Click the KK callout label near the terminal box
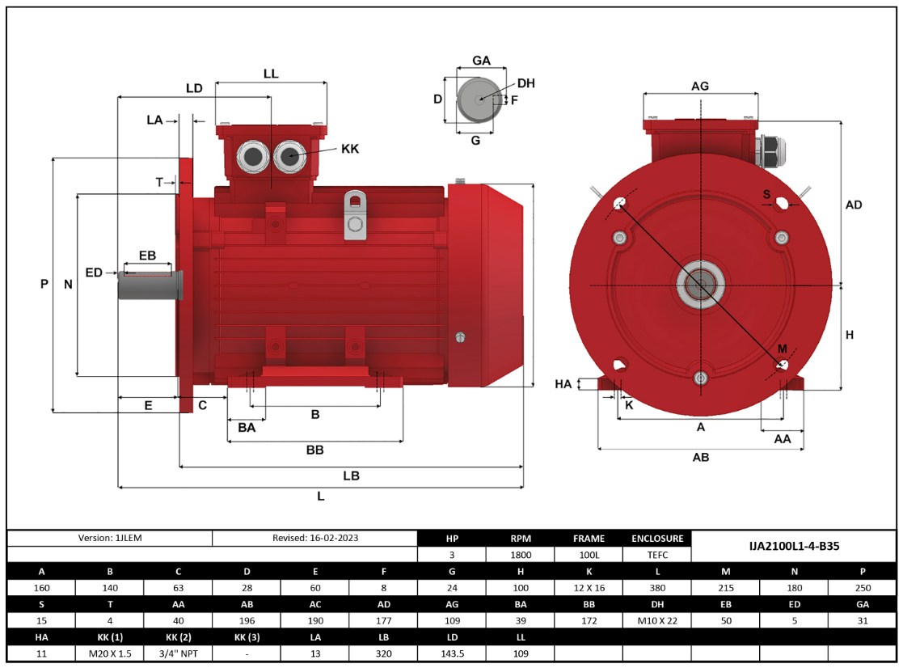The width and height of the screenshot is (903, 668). [x=349, y=149]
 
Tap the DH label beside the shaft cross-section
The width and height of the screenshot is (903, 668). [x=525, y=83]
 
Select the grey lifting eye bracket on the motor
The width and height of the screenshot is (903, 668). [x=355, y=215]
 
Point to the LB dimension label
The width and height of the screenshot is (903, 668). [x=351, y=476]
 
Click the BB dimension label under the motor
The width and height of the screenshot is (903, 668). [x=315, y=450]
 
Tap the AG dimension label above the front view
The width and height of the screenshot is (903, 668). [x=700, y=87]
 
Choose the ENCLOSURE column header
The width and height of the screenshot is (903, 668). [x=657, y=538]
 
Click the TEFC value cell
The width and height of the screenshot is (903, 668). [x=657, y=555]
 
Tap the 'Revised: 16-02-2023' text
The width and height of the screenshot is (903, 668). [x=315, y=538]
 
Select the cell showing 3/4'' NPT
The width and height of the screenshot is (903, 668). [x=179, y=652]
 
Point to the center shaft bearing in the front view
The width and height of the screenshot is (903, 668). [x=700, y=285]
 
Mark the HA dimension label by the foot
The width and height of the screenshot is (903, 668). [x=563, y=384]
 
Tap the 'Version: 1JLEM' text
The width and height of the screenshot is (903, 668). [x=110, y=538]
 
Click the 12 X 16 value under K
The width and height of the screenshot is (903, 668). [x=588, y=588]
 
